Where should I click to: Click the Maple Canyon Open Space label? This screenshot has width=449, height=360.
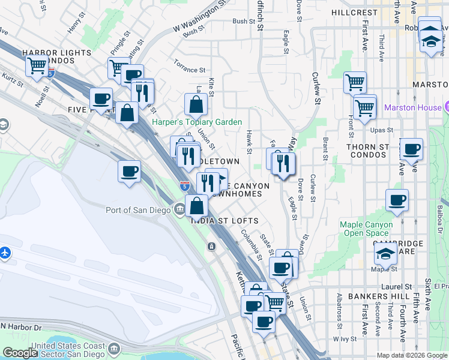tap(366, 229)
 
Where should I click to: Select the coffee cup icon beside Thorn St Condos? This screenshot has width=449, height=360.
tap(411, 149)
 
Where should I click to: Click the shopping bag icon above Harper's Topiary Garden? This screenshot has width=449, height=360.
tap(196, 106)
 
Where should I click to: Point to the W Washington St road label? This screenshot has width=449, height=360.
tap(193, 20)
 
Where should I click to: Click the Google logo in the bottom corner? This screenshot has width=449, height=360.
tap(20, 353)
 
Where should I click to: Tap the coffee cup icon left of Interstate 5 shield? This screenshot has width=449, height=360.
tap(129, 173)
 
